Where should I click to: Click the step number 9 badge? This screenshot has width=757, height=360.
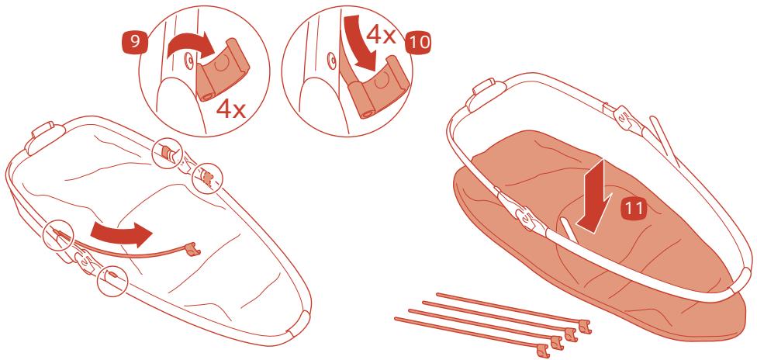click(136, 42)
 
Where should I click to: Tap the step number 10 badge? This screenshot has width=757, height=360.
click(419, 43)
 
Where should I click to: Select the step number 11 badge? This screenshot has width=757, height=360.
click(633, 209)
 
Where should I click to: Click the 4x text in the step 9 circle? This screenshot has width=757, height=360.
click(231, 109)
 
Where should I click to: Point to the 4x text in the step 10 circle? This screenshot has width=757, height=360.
click(382, 34)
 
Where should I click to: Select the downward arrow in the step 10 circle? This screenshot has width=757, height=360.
click(361, 42)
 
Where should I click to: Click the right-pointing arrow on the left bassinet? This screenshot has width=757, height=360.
click(121, 233)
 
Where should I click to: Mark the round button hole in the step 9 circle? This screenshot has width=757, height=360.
click(188, 60)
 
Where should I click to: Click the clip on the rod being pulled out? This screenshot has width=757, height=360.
click(192, 249)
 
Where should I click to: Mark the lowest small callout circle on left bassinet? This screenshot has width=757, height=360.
click(112, 281)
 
